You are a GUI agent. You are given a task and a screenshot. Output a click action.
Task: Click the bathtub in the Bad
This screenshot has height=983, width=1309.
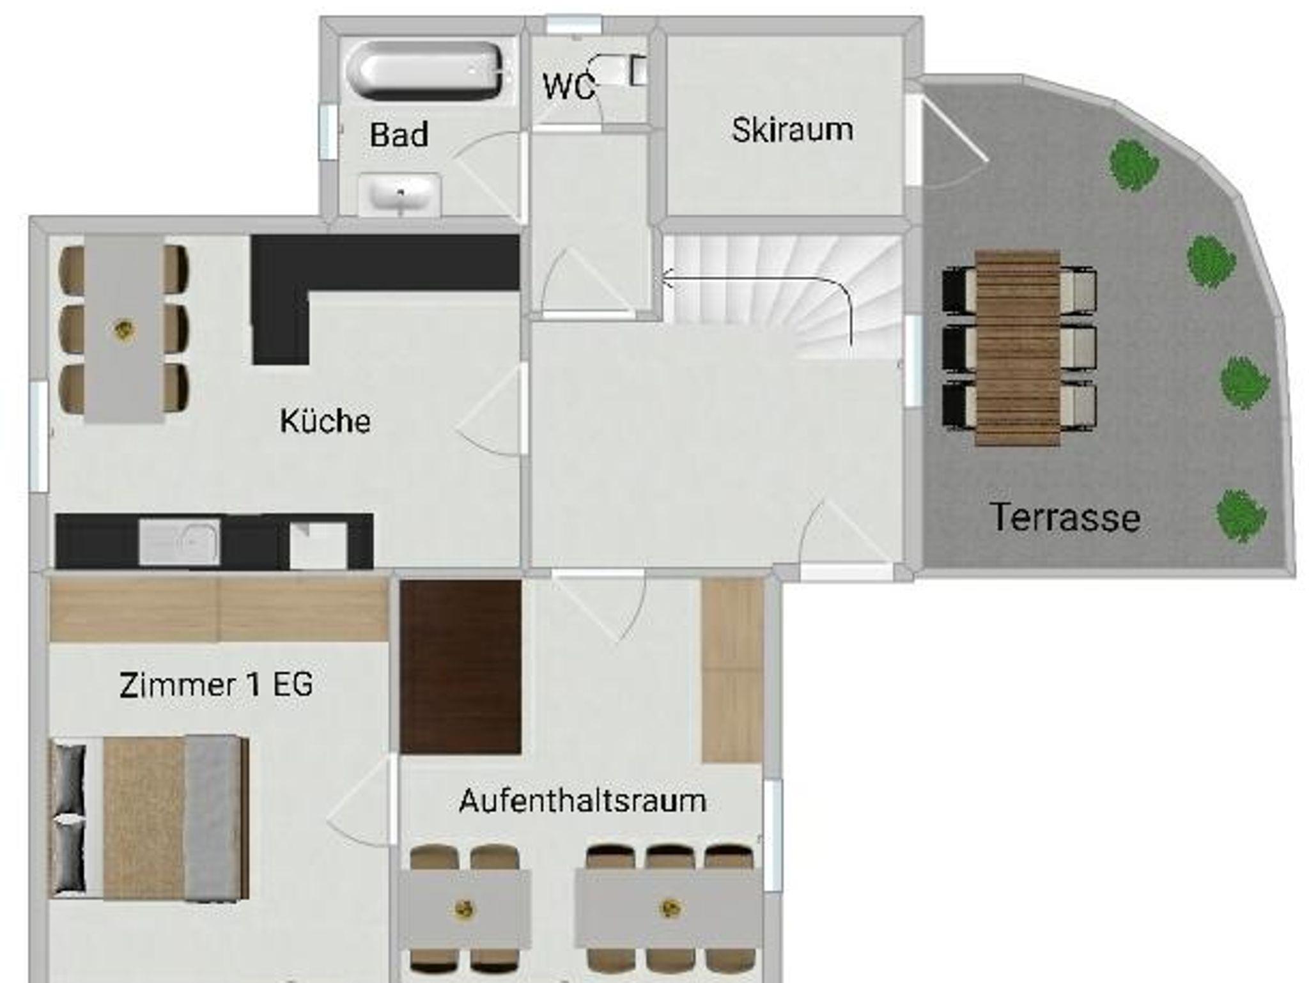(x=424, y=71)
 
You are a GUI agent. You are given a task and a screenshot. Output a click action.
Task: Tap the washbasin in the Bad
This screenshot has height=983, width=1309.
(x=399, y=194)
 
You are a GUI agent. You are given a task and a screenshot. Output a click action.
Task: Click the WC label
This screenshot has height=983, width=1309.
(x=568, y=87)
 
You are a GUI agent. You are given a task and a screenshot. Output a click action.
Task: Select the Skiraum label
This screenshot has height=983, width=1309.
(x=792, y=130)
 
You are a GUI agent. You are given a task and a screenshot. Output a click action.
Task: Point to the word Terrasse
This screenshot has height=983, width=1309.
(x=1065, y=518)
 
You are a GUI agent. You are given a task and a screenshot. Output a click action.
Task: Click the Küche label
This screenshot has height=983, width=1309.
(x=325, y=421)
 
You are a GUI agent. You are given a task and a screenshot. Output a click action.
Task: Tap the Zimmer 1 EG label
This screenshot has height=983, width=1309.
(x=216, y=685)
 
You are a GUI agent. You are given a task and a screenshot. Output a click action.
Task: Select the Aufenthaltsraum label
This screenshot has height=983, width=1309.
(x=582, y=801)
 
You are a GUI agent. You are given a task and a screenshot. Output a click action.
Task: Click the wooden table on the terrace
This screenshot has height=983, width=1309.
(x=1018, y=348)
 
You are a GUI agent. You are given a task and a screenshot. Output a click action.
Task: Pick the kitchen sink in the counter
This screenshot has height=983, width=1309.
(x=180, y=542)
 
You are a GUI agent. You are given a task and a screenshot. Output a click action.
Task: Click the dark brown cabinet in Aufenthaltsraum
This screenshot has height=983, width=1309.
(x=460, y=667)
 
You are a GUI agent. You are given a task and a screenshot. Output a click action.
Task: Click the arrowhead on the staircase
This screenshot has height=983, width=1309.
(x=667, y=279)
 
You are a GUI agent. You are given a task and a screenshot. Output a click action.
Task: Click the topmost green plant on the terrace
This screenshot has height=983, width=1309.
(x=1134, y=164)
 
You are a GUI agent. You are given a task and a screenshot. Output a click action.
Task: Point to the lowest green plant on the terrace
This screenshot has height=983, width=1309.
(x=1241, y=515)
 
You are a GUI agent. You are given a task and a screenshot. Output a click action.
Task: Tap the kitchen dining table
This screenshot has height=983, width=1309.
(x=124, y=329)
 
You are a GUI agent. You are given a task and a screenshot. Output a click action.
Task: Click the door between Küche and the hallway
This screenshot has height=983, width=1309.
(x=491, y=409)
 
